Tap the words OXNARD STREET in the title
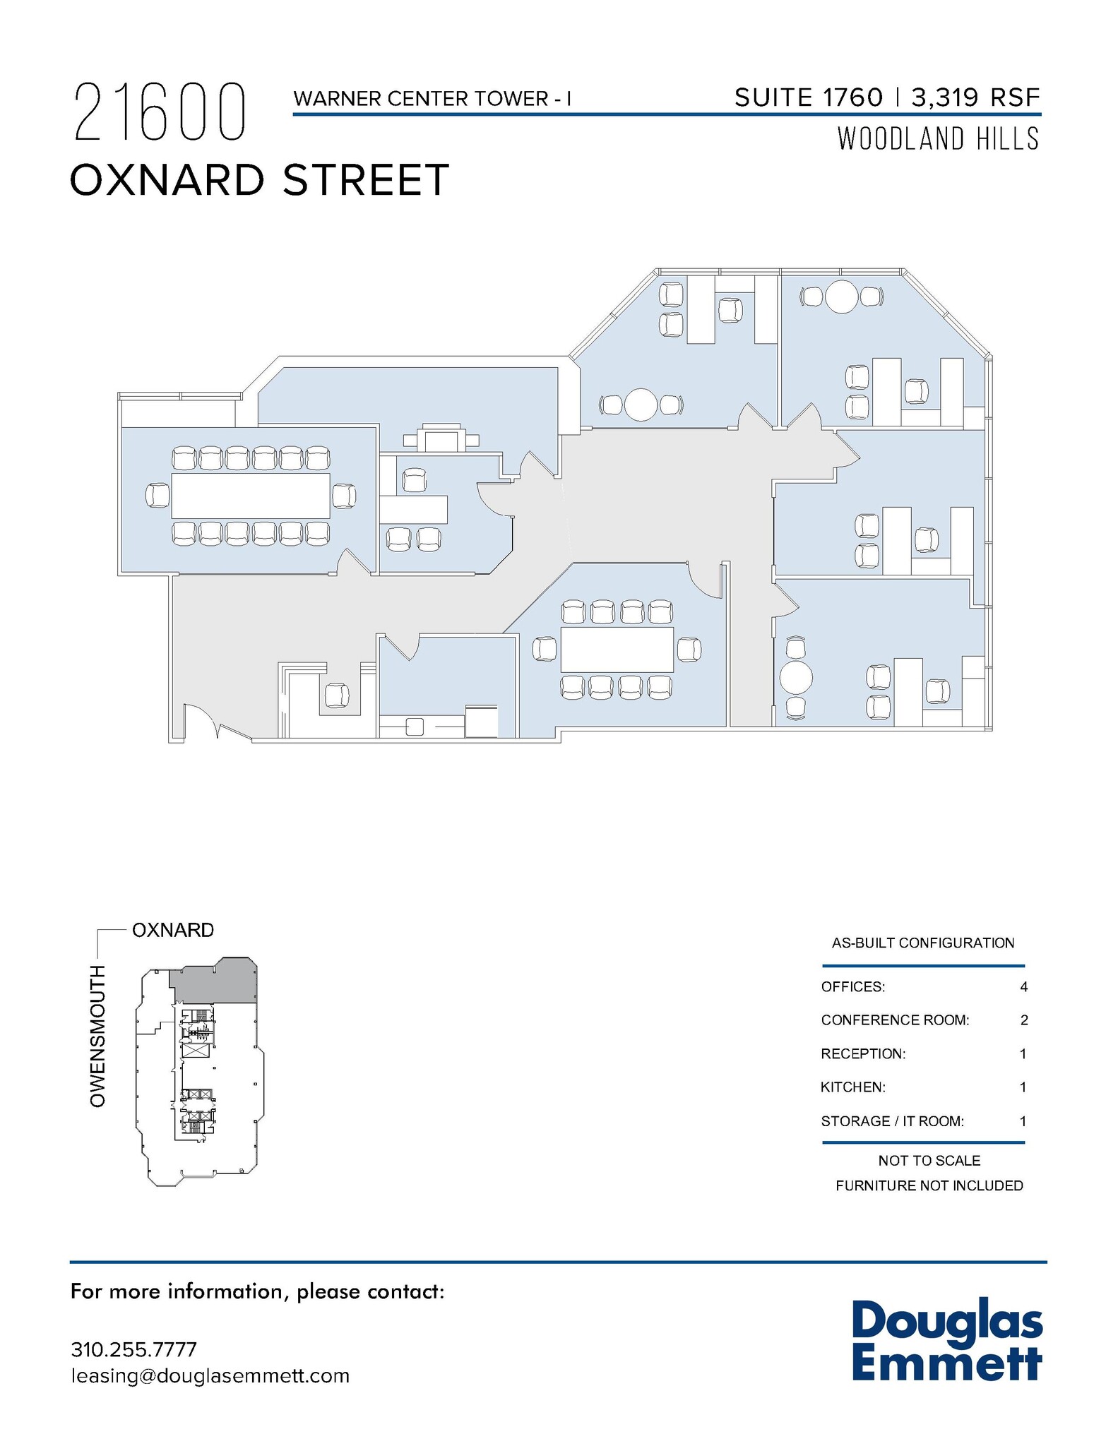(x=259, y=179)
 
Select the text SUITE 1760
(x=808, y=97)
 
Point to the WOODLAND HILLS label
(x=938, y=138)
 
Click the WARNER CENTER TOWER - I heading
(x=432, y=99)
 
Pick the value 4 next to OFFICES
(x=1023, y=987)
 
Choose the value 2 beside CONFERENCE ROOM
(x=1023, y=1020)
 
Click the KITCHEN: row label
(x=852, y=1087)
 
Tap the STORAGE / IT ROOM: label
(x=892, y=1121)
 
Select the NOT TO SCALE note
(x=929, y=1161)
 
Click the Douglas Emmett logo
(x=946, y=1343)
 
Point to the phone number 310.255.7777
(x=133, y=1349)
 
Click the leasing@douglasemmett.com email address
(x=210, y=1376)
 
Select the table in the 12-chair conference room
(x=251, y=496)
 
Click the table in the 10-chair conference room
(x=617, y=649)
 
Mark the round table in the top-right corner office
(x=841, y=297)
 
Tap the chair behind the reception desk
(x=338, y=695)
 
